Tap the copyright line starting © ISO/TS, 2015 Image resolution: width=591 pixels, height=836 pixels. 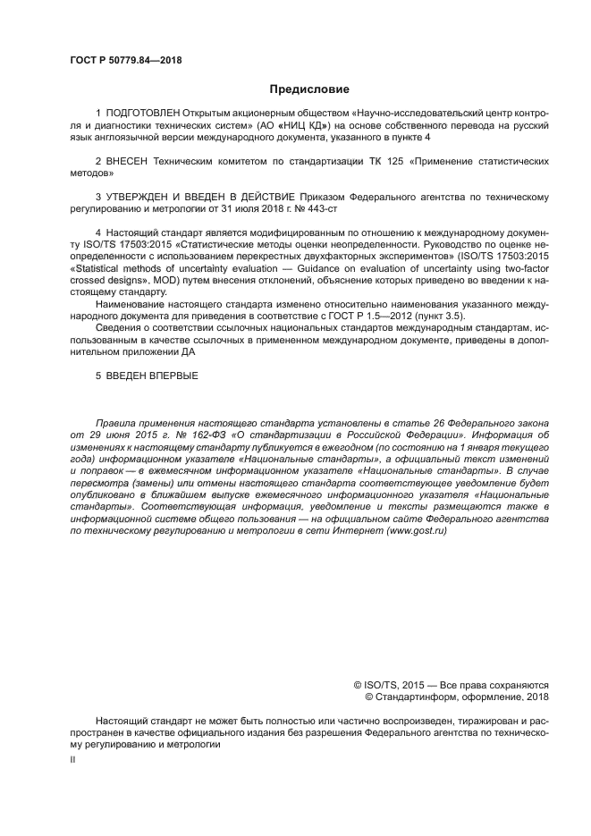tap(452, 685)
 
